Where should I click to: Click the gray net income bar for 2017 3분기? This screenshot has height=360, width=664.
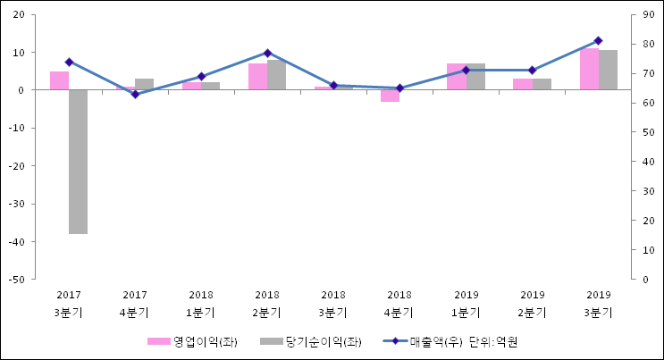[x=79, y=161]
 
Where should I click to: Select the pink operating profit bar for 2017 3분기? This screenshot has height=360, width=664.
[x=59, y=80]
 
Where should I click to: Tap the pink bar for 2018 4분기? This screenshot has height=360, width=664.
[x=390, y=96]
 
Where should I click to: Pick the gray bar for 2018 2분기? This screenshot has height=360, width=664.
[x=276, y=75]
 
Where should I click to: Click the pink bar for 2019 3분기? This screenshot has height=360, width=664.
[x=589, y=69]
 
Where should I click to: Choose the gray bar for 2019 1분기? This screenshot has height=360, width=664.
[x=475, y=77]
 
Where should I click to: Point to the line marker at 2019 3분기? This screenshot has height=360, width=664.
[x=598, y=40]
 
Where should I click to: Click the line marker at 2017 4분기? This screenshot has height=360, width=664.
[x=135, y=94]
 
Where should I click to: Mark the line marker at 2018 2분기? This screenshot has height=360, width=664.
[x=267, y=53]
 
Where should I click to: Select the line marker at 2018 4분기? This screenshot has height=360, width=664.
[x=399, y=88]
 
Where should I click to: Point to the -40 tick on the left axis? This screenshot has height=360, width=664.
[x=17, y=242]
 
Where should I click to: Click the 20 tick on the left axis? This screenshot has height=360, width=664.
[x=20, y=15]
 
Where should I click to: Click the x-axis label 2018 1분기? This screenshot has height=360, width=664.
[x=201, y=303]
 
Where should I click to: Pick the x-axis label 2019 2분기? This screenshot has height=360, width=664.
[x=532, y=303]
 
